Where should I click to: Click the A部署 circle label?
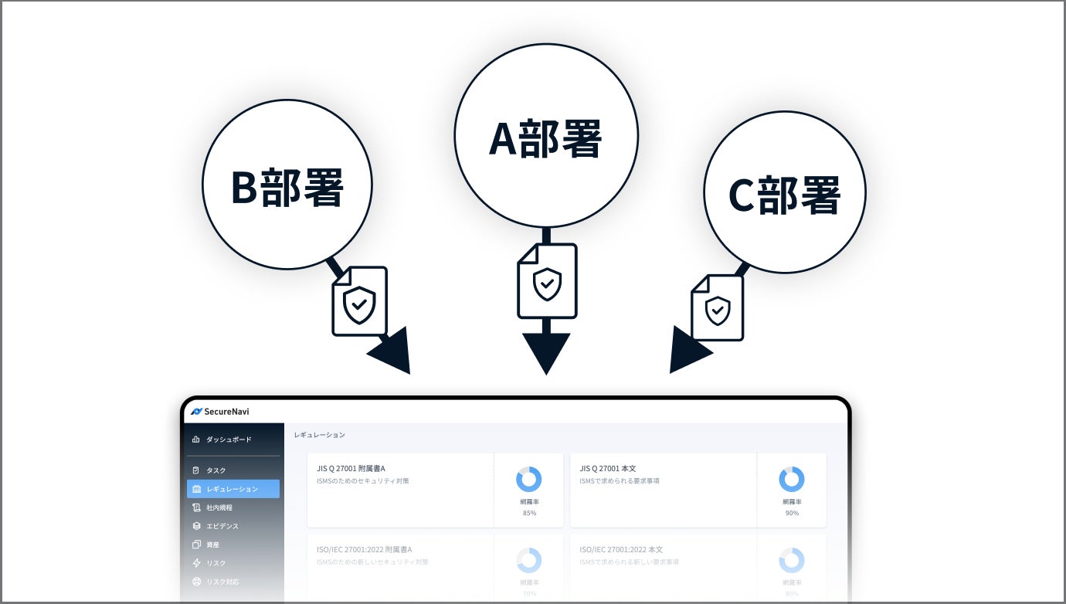coord(545,140)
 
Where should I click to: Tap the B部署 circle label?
coord(287,187)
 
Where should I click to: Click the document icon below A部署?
coord(547,281)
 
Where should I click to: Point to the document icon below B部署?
coord(359,301)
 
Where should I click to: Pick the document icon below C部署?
coord(718,307)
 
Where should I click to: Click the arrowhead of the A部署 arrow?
coord(546,351)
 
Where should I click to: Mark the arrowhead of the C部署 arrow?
coord(687,351)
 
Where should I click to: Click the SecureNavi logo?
coord(220,412)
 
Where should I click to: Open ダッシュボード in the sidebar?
coord(228,439)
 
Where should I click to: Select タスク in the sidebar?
coord(216,470)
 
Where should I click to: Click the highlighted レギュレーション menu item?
coord(233,489)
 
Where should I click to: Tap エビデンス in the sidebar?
coord(222,526)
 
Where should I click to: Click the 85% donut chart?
coord(529,480)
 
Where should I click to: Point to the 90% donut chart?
coord(792,480)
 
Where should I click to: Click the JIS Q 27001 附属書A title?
coord(351,468)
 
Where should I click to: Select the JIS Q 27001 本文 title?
coord(607,468)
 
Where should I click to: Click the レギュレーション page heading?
coord(319,435)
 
